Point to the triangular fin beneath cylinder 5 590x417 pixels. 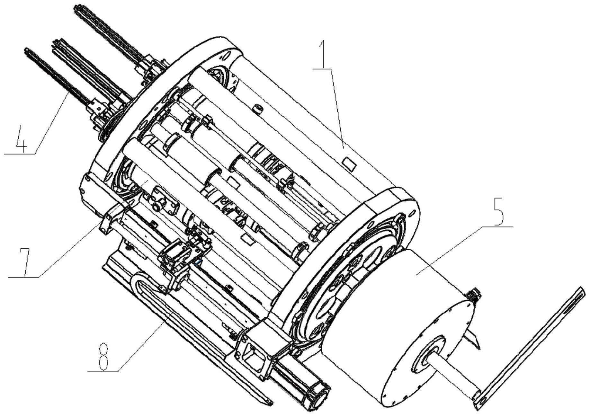coord(472,341)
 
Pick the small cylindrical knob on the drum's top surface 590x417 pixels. coord(258,109)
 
